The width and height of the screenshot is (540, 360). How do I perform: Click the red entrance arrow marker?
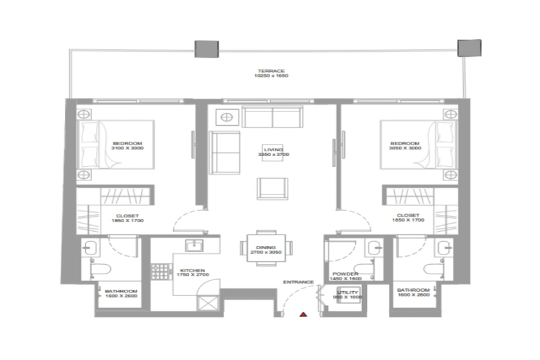(x=304, y=314)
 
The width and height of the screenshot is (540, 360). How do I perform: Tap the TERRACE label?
(x=271, y=70)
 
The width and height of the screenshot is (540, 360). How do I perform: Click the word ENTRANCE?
(x=298, y=282)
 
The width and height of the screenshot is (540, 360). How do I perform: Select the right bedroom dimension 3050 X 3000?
(x=404, y=149)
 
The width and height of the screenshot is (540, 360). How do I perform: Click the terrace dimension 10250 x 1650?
(x=271, y=76)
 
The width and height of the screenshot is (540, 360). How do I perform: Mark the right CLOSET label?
(x=410, y=215)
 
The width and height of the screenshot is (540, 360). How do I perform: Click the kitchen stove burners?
(x=160, y=272)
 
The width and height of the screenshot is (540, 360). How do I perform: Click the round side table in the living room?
(x=227, y=117)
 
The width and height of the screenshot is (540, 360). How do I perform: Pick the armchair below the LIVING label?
(x=273, y=188)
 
